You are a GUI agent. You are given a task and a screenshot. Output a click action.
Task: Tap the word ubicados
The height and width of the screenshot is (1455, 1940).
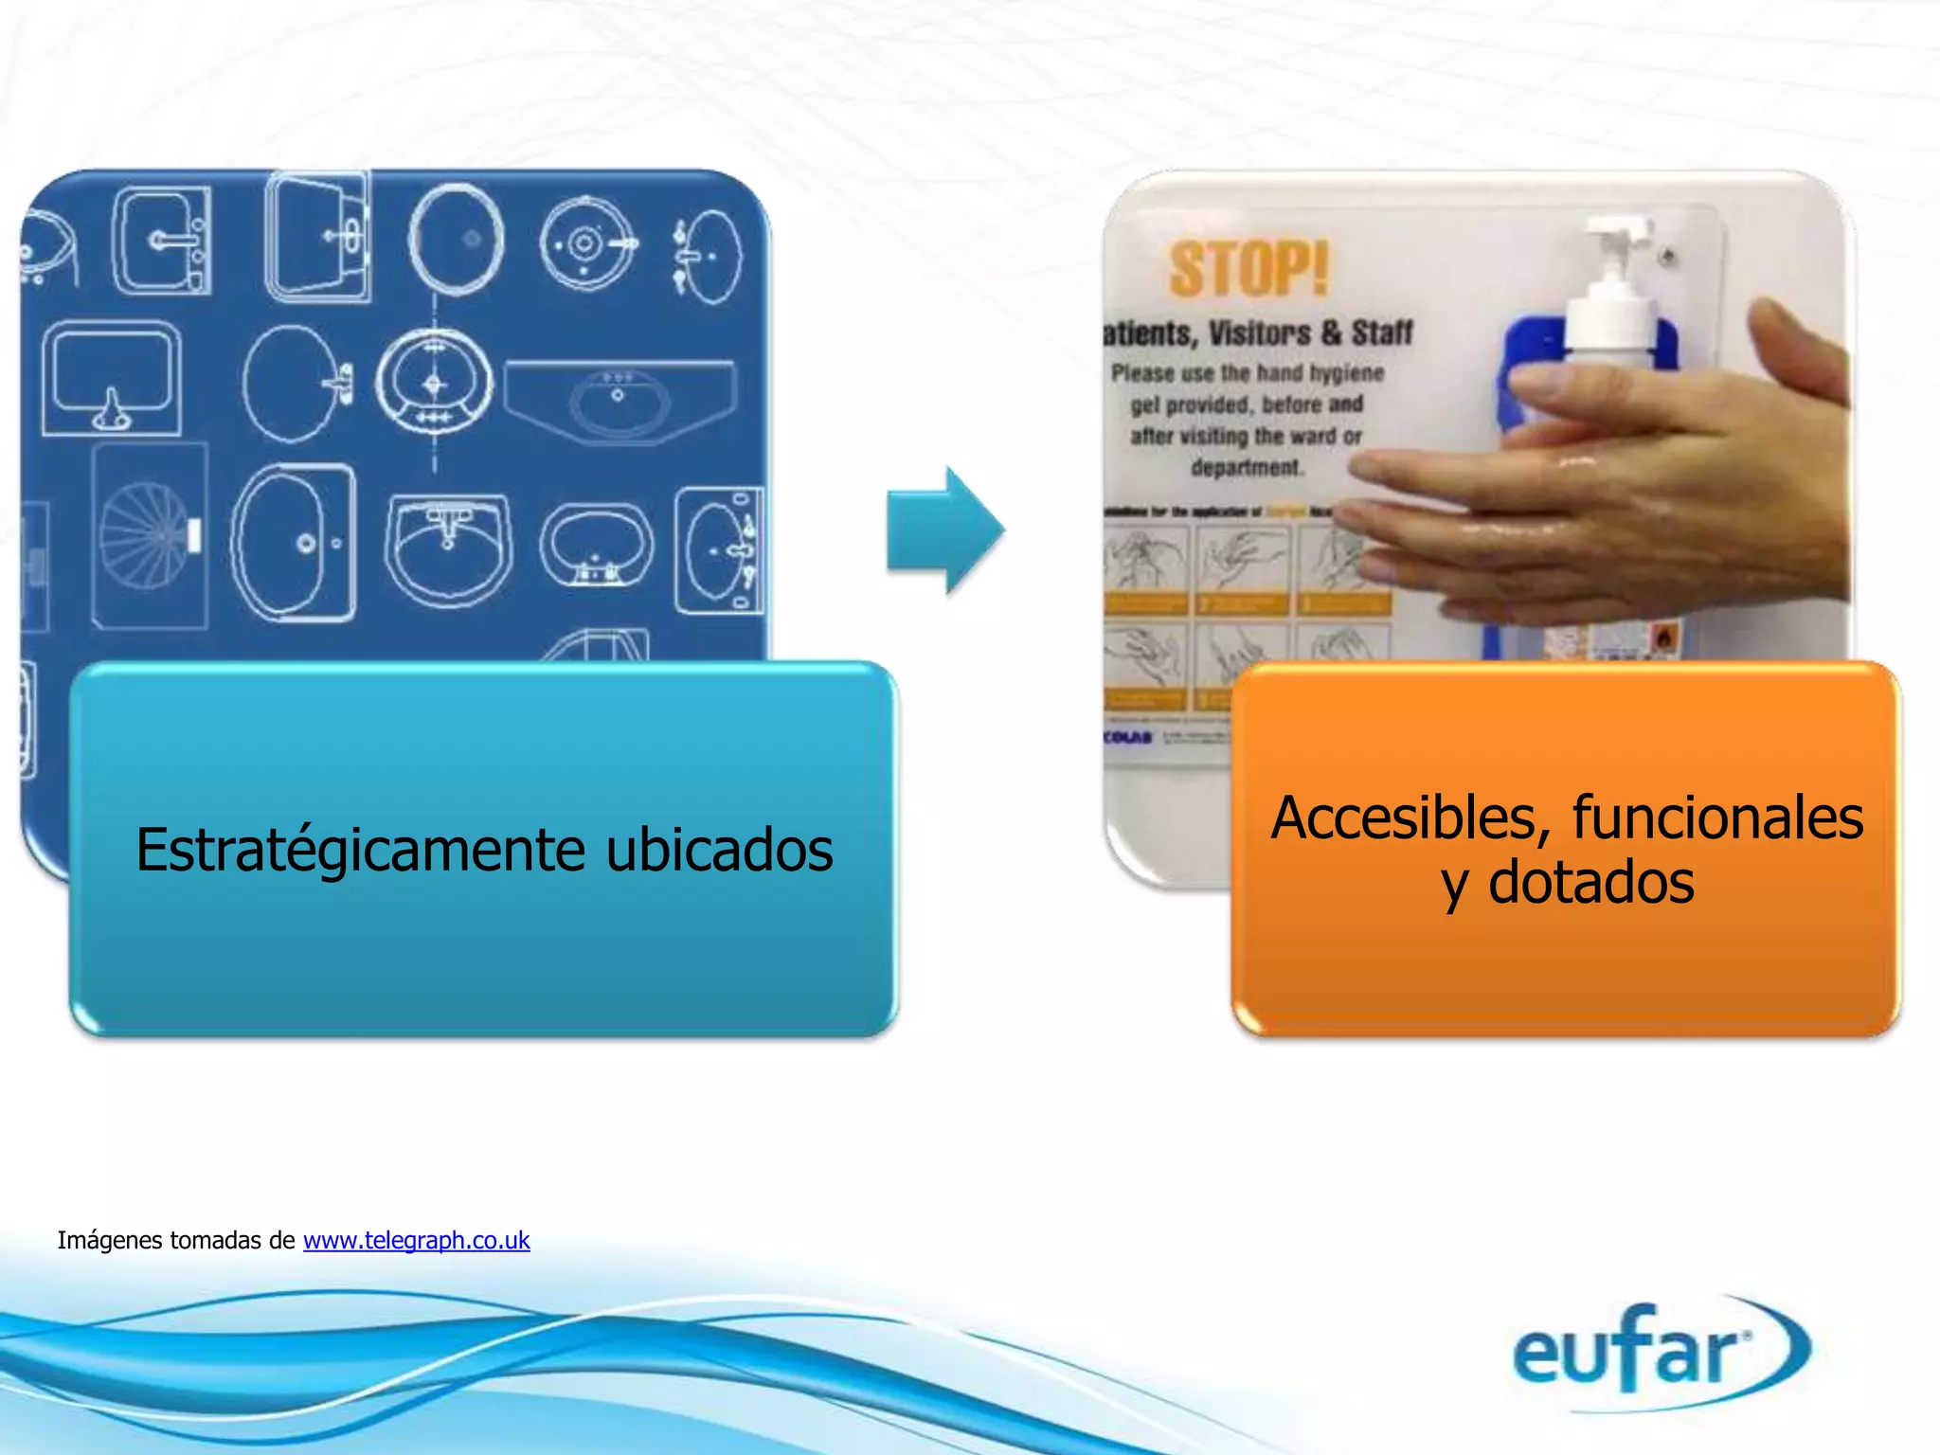720,850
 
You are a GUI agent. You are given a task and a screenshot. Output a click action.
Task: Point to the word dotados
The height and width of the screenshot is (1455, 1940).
1591,883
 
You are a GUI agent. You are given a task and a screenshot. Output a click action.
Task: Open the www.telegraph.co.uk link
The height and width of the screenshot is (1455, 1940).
416,1240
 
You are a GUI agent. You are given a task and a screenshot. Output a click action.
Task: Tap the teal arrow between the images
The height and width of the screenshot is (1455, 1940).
943,530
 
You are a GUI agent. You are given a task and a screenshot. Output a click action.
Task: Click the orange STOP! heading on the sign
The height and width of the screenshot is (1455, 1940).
1248,269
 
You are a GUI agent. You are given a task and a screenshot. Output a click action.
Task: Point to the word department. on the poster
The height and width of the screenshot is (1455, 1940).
1247,468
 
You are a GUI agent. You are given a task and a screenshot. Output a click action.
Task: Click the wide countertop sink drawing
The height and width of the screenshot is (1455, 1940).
619,398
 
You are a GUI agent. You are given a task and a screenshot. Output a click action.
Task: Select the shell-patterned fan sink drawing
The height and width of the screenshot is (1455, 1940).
149,534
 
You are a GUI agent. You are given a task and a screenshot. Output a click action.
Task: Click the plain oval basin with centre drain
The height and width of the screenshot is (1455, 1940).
456,240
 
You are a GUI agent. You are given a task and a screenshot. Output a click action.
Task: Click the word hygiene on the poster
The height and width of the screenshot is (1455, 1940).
1346,373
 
